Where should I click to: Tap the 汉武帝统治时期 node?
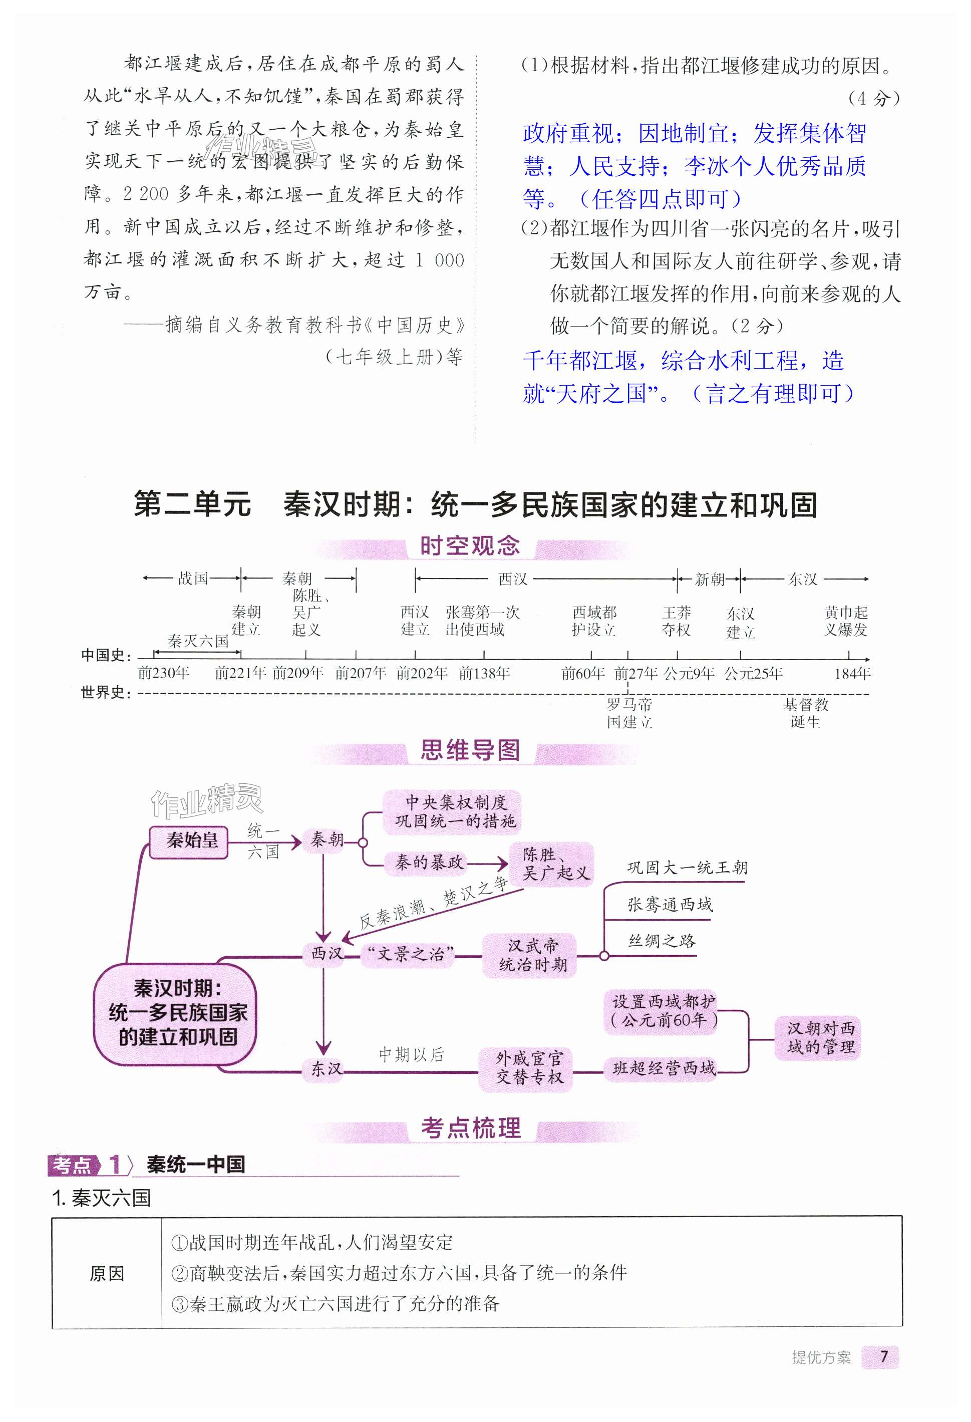click(x=529, y=955)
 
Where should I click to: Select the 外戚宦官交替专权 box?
click(x=526, y=1068)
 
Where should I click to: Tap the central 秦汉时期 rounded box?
click(x=176, y=1013)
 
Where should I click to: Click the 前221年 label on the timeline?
click(x=240, y=674)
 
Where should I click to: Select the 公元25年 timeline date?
click(x=753, y=674)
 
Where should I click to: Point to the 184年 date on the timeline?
click(x=852, y=674)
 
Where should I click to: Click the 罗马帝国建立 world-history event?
click(x=629, y=713)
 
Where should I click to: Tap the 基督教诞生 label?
click(x=805, y=713)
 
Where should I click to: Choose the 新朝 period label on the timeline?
click(x=709, y=579)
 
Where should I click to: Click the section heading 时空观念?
click(x=469, y=546)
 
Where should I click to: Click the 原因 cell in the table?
click(x=107, y=1273)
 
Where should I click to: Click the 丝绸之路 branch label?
click(x=662, y=941)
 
